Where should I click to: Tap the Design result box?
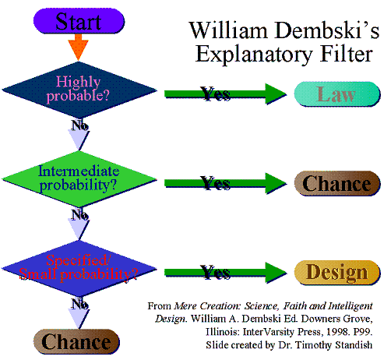[x=336, y=273]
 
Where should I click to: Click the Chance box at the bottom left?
[x=76, y=341]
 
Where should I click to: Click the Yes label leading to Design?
[x=215, y=272]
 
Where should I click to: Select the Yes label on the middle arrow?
[x=215, y=184]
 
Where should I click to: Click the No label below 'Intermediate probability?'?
[x=79, y=214]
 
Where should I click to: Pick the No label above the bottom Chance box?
[x=79, y=303]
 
